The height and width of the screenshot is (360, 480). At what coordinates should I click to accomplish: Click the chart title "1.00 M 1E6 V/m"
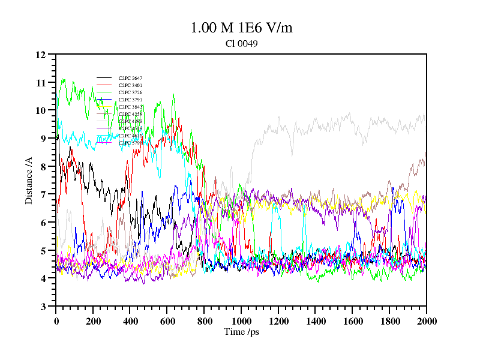tap(241, 28)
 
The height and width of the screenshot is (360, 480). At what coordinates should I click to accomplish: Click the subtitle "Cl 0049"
tap(241, 44)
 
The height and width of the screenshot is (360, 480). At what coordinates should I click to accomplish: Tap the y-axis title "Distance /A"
tap(29, 180)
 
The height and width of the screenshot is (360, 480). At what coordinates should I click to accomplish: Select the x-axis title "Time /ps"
tap(241, 332)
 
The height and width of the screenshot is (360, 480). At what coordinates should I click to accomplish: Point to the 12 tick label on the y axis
tap(41, 55)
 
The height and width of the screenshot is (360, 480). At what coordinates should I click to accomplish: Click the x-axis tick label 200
tap(93, 321)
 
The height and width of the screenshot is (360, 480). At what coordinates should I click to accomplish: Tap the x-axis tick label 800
tap(205, 321)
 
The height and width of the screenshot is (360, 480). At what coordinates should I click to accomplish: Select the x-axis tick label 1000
tap(241, 321)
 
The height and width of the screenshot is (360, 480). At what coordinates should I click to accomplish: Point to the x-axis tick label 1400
tap(316, 321)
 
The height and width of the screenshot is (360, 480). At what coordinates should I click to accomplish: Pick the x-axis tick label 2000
tap(427, 321)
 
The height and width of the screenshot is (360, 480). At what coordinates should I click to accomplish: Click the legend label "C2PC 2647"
tap(130, 78)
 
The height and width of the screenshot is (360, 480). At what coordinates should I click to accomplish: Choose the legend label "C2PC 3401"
tap(130, 85)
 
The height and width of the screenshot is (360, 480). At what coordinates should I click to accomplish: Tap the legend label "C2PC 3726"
tap(130, 92)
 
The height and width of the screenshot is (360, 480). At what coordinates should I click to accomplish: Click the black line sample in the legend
tap(104, 78)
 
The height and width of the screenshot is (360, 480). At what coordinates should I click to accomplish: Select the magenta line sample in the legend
tap(104, 143)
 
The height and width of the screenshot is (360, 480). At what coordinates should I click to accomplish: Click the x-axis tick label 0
tap(56, 321)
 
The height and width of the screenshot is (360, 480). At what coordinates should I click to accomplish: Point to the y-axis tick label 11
tap(41, 83)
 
